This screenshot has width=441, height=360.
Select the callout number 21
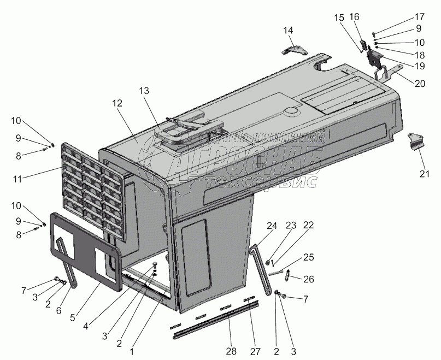coord(424,174)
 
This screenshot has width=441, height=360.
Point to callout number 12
coord(118,103)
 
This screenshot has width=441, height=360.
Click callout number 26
coord(309,279)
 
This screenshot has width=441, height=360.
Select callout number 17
coord(419,16)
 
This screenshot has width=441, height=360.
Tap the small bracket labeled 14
coord(295,49)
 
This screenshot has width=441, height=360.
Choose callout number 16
coord(354,16)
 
